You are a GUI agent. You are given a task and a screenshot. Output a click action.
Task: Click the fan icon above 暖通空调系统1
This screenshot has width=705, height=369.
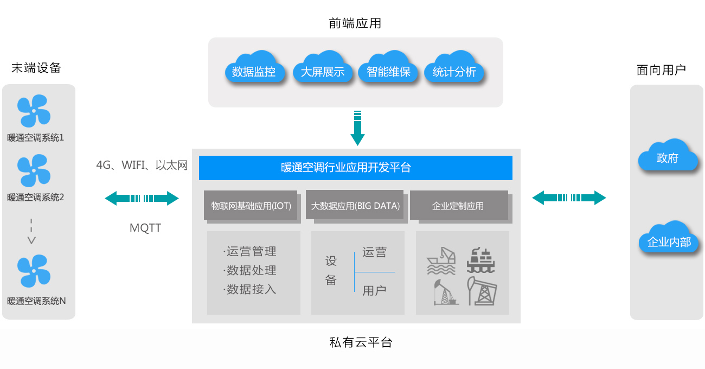click(34, 111)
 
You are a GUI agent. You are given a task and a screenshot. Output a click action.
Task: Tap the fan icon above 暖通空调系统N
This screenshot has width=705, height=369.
click(34, 271)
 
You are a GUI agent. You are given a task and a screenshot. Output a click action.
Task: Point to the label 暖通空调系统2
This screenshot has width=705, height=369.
click(36, 198)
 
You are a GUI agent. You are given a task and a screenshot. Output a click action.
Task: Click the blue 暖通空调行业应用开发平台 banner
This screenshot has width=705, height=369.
click(355, 168)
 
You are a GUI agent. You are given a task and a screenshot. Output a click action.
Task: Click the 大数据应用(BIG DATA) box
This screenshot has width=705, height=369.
click(355, 206)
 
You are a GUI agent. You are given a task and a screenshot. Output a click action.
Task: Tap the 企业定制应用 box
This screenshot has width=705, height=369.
click(459, 206)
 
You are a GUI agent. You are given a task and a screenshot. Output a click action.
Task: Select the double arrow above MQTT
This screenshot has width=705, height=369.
click(142, 198)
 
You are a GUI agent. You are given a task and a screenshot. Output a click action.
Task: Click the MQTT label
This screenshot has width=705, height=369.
click(145, 228)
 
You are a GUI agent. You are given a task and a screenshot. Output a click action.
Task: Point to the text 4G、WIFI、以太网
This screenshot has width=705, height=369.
click(142, 166)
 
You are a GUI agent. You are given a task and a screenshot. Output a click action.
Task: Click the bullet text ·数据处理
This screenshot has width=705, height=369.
click(250, 270)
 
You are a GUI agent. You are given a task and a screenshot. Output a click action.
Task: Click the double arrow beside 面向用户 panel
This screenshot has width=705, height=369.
click(569, 198)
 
